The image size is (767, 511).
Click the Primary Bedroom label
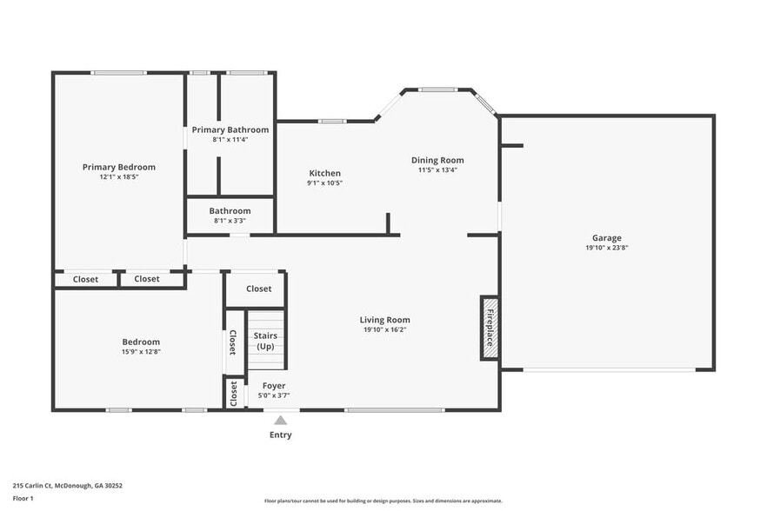[119, 167]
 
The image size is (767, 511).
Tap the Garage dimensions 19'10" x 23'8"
[606, 248]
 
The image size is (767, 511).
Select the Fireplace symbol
[490, 328]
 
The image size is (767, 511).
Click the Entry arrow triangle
[280, 420]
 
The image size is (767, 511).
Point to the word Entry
[280, 435]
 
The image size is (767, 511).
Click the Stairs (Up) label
[265, 341]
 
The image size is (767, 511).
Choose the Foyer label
[274, 385]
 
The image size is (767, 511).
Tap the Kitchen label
[324, 173]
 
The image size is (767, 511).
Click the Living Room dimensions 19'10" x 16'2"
[385, 330]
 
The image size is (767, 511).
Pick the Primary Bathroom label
[230, 129]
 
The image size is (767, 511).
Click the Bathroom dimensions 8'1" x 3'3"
[230, 221]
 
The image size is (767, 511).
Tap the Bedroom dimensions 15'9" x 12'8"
[141, 352]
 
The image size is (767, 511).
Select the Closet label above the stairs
[258, 289]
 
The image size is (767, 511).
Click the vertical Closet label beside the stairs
[233, 342]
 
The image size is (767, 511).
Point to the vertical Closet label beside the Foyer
[233, 394]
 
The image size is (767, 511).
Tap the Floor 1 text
[23, 498]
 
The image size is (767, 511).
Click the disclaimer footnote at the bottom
[383, 501]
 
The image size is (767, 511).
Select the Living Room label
[385, 320]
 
